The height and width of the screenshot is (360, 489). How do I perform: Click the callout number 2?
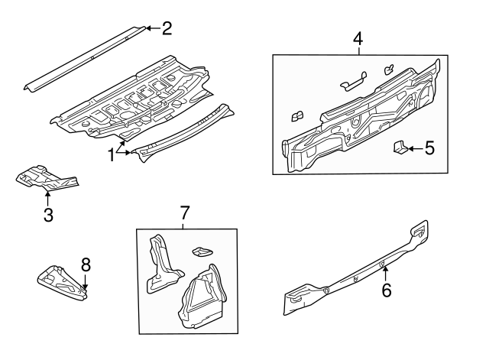pyautogui.click(x=166, y=29)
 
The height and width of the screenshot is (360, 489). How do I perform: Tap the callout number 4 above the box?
pyautogui.click(x=358, y=38)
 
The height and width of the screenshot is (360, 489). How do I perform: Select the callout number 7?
pyautogui.click(x=183, y=212)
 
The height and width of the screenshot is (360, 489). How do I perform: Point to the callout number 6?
pyautogui.click(x=386, y=290)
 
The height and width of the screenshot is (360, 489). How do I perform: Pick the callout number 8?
pyautogui.click(x=86, y=264)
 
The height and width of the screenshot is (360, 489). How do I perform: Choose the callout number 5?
pyautogui.click(x=429, y=148)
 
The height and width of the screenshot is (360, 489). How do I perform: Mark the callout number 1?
pyautogui.click(x=112, y=154)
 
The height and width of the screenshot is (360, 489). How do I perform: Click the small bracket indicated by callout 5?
pyautogui.click(x=399, y=147)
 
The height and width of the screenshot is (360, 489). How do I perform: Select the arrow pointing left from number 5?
pyautogui.click(x=413, y=148)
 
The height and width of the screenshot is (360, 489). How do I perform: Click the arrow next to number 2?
pyautogui.click(x=151, y=29)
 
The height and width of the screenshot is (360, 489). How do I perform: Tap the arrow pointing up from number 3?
pyautogui.click(x=47, y=199)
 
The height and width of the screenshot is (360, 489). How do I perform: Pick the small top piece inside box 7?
pyautogui.click(x=202, y=251)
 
